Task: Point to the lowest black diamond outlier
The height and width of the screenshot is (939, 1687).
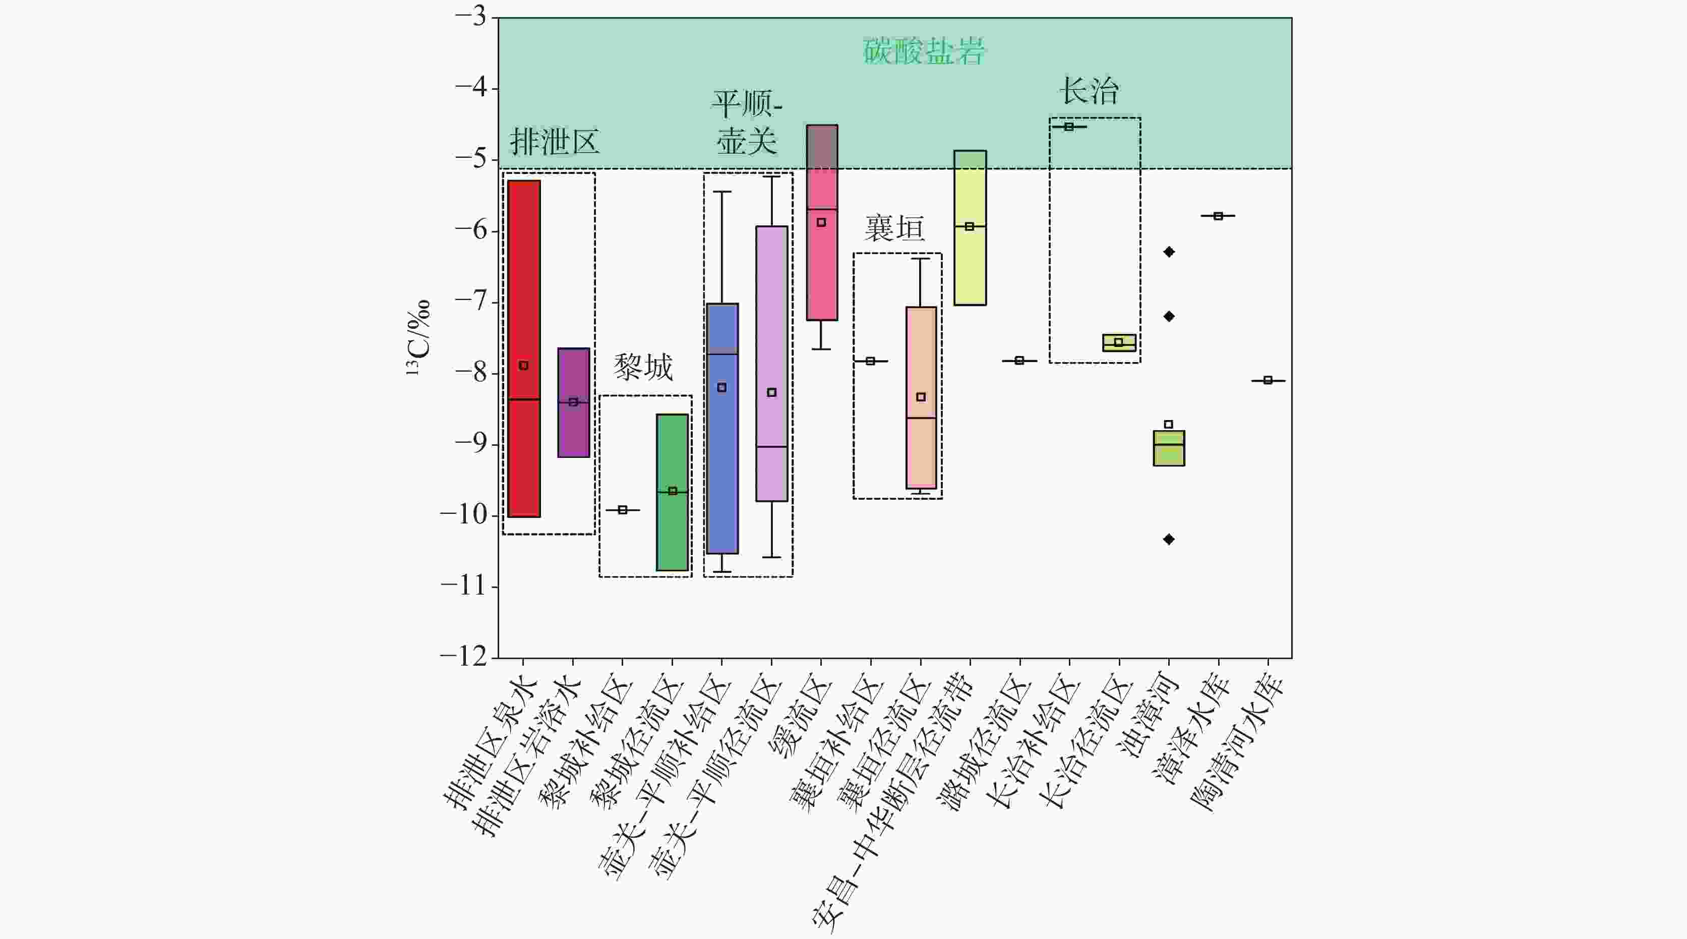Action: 1169,539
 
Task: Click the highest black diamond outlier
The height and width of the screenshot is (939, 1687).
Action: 1169,252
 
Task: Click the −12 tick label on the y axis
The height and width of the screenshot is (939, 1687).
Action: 464,656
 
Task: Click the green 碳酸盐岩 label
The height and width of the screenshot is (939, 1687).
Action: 923,51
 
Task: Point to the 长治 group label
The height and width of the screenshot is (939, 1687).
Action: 1089,90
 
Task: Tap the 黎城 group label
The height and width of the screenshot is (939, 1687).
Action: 643,367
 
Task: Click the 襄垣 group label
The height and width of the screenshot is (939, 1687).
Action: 894,228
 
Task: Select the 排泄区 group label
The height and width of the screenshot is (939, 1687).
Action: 555,141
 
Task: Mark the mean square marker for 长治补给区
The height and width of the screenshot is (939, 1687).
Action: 1069,127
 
